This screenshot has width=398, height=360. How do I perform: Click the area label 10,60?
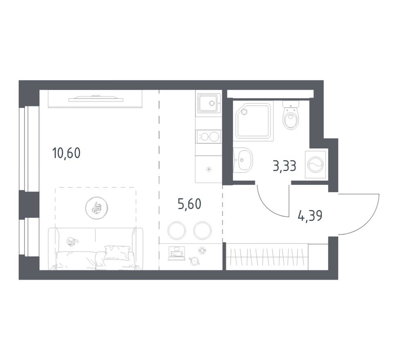[x=66, y=153]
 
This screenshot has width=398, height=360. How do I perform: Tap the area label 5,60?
[x=189, y=203]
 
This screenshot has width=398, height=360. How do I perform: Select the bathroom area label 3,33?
[x=284, y=166]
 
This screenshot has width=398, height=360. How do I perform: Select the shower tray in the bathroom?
[x=254, y=121]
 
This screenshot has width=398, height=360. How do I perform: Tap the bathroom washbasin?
[x=244, y=160]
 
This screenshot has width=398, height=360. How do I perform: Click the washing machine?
[x=316, y=165]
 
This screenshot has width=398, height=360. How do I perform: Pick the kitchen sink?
[x=208, y=103]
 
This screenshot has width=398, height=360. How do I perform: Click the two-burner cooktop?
[x=208, y=136]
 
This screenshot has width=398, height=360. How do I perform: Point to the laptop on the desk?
[x=176, y=253]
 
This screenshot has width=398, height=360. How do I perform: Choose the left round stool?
[x=177, y=230]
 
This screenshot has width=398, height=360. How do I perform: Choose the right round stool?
[x=202, y=230]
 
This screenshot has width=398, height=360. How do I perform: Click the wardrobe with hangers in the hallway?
[x=267, y=256]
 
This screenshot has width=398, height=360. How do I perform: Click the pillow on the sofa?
[x=117, y=252]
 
